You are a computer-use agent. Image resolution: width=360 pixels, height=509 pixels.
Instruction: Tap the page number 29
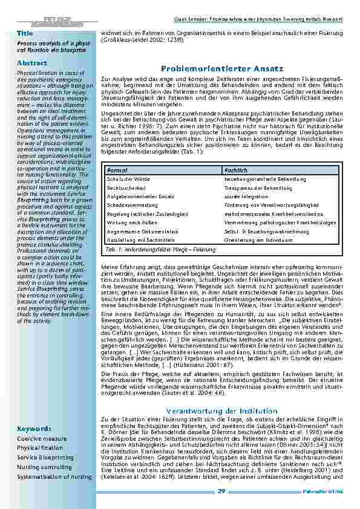(x=222, y=491)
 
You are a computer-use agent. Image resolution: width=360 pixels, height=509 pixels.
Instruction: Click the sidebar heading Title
(x=25, y=33)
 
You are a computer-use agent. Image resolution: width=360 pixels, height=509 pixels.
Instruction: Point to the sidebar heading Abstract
(x=32, y=63)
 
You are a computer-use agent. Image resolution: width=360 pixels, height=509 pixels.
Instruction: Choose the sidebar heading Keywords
(x=34, y=429)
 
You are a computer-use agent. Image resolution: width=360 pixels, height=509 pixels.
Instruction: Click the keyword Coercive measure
(x=42, y=438)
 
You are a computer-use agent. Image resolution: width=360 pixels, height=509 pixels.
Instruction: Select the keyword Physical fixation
(x=40, y=448)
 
